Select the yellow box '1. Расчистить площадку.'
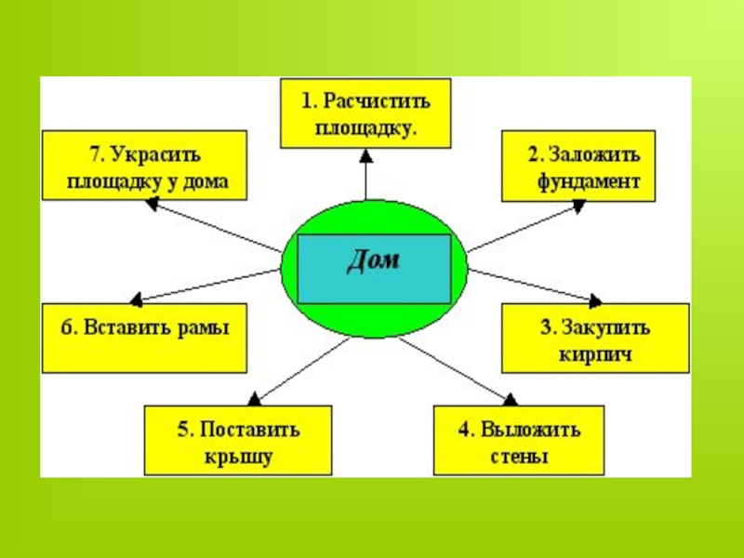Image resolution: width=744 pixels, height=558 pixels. (366, 113)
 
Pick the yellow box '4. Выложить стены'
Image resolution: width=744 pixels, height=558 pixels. (520, 441)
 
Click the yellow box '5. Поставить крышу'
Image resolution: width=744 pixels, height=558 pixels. (238, 441)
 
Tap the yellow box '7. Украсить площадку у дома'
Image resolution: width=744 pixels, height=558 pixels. (145, 166)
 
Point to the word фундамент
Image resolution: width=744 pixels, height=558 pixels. (588, 181)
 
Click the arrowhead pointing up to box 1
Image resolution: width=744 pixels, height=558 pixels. (366, 153)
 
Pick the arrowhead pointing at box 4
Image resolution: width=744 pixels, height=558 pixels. (510, 399)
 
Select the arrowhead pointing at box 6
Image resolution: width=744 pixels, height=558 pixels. (136, 300)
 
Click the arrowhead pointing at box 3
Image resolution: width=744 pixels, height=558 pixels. (593, 299)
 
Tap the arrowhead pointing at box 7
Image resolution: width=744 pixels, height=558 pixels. (151, 205)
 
